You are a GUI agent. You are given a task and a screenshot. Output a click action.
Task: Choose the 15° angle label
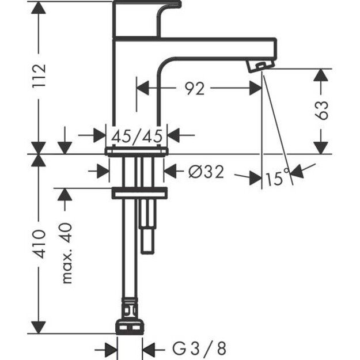[276, 179]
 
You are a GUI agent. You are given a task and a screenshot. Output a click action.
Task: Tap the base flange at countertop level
[137, 150]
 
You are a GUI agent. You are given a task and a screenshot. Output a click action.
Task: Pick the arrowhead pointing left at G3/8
[149, 348]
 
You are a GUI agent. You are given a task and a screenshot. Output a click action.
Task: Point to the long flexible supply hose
[127, 253]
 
